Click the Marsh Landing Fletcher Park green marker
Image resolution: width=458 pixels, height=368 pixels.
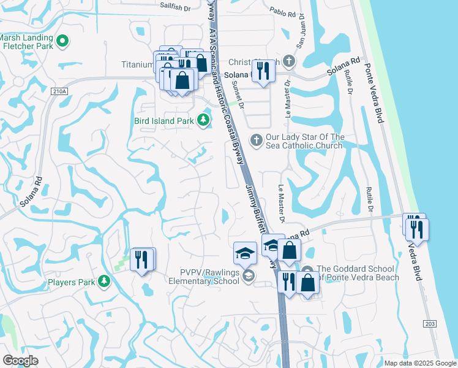coord(62,41)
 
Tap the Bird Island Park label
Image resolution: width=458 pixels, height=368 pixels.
coord(163,121)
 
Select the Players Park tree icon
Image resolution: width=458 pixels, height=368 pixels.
coord(104,282)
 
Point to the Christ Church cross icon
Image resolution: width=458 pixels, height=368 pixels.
coord(288,61)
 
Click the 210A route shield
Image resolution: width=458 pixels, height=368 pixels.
coord(59,91)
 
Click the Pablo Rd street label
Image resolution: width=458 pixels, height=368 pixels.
coord(283,11)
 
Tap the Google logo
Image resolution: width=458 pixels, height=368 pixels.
coord(20,361)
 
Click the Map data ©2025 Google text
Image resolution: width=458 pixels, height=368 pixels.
coord(420,363)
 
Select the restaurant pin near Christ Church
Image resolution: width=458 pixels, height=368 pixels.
coord(263,71)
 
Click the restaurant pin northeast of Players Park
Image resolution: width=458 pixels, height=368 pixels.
coord(142,259)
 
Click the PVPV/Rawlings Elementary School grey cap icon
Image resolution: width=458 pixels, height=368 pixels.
coord(248,277)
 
